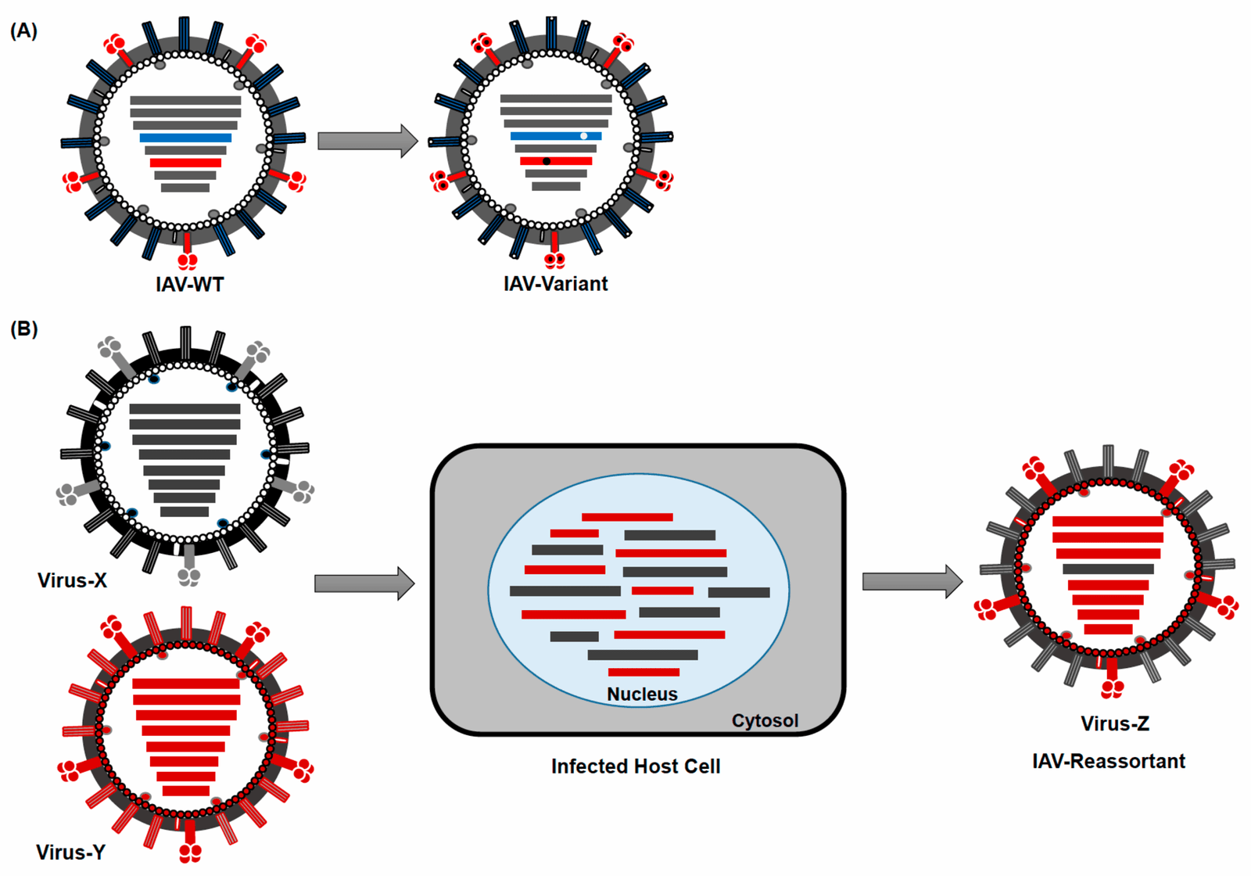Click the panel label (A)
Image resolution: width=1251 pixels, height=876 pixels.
[x=23, y=31]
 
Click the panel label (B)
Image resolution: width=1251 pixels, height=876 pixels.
[x=23, y=329]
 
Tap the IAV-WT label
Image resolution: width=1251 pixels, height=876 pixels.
[x=189, y=285]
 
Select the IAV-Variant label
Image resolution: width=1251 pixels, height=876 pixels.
[x=555, y=284]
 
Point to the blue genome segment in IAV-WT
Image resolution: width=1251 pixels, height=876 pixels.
[x=185, y=138]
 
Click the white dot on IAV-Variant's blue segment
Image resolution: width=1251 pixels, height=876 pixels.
[x=584, y=136]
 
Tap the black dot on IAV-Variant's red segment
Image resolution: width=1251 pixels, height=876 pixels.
[x=547, y=161]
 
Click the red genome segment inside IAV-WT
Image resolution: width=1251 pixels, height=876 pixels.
[x=185, y=163]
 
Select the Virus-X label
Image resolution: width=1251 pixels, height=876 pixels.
[x=72, y=580]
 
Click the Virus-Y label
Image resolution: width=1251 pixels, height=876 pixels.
[x=70, y=852]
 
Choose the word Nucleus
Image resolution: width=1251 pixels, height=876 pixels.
[x=642, y=694]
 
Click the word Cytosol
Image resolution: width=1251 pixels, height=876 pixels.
[x=765, y=720]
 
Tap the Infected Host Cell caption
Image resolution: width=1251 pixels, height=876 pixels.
[x=636, y=766]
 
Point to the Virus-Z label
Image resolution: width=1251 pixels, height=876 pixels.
[x=1115, y=723]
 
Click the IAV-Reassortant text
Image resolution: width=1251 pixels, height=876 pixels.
[x=1109, y=761]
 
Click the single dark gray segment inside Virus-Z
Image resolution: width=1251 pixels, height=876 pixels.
[x=1108, y=569]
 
